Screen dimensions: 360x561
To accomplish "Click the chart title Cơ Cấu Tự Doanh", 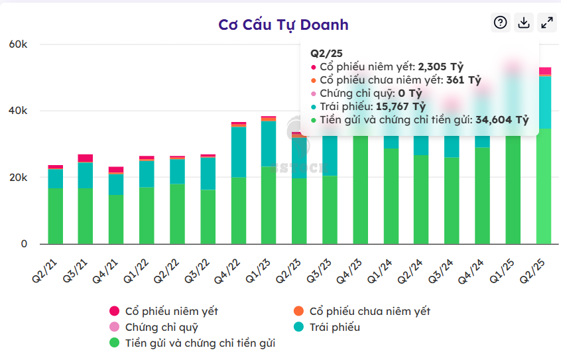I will click(283, 25).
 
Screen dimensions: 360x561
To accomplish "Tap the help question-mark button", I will click(501, 23).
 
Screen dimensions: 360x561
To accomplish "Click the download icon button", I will click(524, 23).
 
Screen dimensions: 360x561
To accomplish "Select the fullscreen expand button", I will click(547, 23).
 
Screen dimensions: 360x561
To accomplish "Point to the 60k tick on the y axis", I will click(18, 44).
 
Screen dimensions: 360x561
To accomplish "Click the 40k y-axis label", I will click(18, 111).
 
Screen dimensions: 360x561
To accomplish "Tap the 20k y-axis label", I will click(18, 178).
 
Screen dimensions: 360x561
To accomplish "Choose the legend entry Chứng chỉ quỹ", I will click(154, 327).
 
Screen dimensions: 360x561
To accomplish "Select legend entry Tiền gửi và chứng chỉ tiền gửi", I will click(192, 343).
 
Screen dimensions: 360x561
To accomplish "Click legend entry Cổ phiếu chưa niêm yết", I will click(362, 311).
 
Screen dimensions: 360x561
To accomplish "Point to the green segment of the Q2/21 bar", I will click(56, 215).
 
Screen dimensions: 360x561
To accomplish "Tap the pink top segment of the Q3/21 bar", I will click(86, 158).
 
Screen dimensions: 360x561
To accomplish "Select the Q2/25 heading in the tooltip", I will click(326, 53).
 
